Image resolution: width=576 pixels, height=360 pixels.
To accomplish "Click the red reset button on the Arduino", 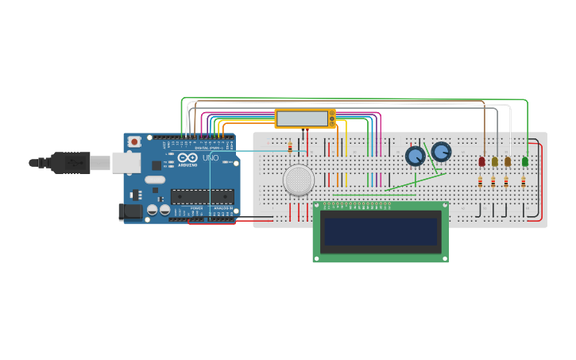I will pyautogui.click(x=134, y=141).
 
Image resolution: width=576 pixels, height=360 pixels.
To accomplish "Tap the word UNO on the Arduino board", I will pyautogui.click(x=211, y=158).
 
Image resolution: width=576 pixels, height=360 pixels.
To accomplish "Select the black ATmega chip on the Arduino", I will pyautogui.click(x=202, y=196).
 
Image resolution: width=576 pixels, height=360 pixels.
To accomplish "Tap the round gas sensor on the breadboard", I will pyautogui.click(x=299, y=180).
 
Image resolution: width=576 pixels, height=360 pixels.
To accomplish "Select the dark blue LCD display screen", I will pyautogui.click(x=380, y=232).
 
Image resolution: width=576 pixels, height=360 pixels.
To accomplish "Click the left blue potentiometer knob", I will pyautogui.click(x=415, y=156).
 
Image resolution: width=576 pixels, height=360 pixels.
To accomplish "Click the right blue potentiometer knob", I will pyautogui.click(x=441, y=151).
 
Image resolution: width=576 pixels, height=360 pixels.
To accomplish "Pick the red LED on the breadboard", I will pyautogui.click(x=481, y=161).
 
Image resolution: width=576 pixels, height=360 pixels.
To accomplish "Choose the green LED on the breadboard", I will pyautogui.click(x=524, y=161).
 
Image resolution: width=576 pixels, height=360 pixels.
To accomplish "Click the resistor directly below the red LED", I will pyautogui.click(x=480, y=181).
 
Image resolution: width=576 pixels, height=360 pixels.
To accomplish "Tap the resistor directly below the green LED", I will pyautogui.click(x=523, y=181).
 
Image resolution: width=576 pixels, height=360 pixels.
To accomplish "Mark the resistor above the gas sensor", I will pyautogui.click(x=290, y=148).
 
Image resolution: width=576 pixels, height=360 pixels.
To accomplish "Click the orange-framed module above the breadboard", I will pyautogui.click(x=304, y=118).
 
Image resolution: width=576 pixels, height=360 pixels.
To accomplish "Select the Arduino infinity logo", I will pyautogui.click(x=187, y=158).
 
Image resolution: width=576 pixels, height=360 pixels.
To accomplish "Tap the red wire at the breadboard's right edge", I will pyautogui.click(x=542, y=183).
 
